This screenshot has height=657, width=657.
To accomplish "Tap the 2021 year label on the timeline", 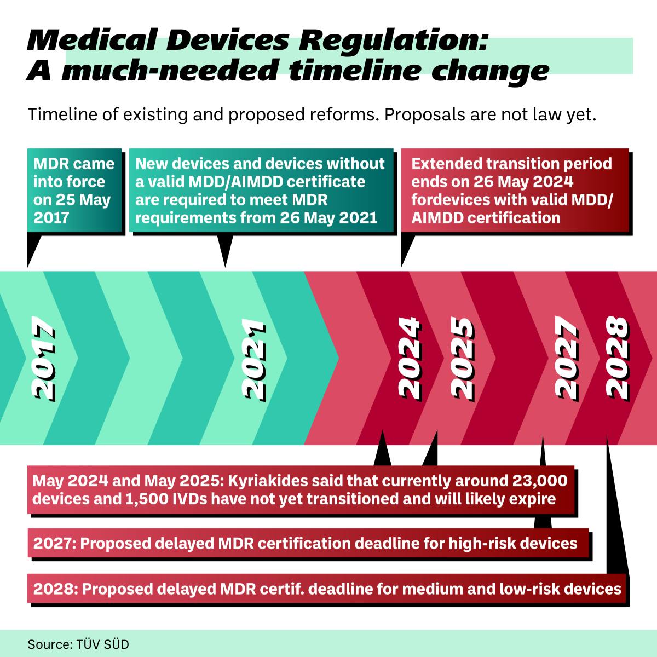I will pos(253,359).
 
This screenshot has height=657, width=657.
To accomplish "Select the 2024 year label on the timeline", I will pos(410,359).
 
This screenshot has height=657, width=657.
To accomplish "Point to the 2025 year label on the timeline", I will pos(462,359).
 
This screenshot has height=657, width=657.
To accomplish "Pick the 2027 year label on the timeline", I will pos(566,359).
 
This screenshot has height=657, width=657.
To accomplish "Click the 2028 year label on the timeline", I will pos(617,359).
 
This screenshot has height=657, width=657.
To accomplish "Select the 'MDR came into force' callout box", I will pos(74,191).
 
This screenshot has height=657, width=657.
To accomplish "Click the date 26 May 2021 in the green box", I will pos(328,218).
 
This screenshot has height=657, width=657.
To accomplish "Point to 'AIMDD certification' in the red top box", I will pos(486,217).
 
